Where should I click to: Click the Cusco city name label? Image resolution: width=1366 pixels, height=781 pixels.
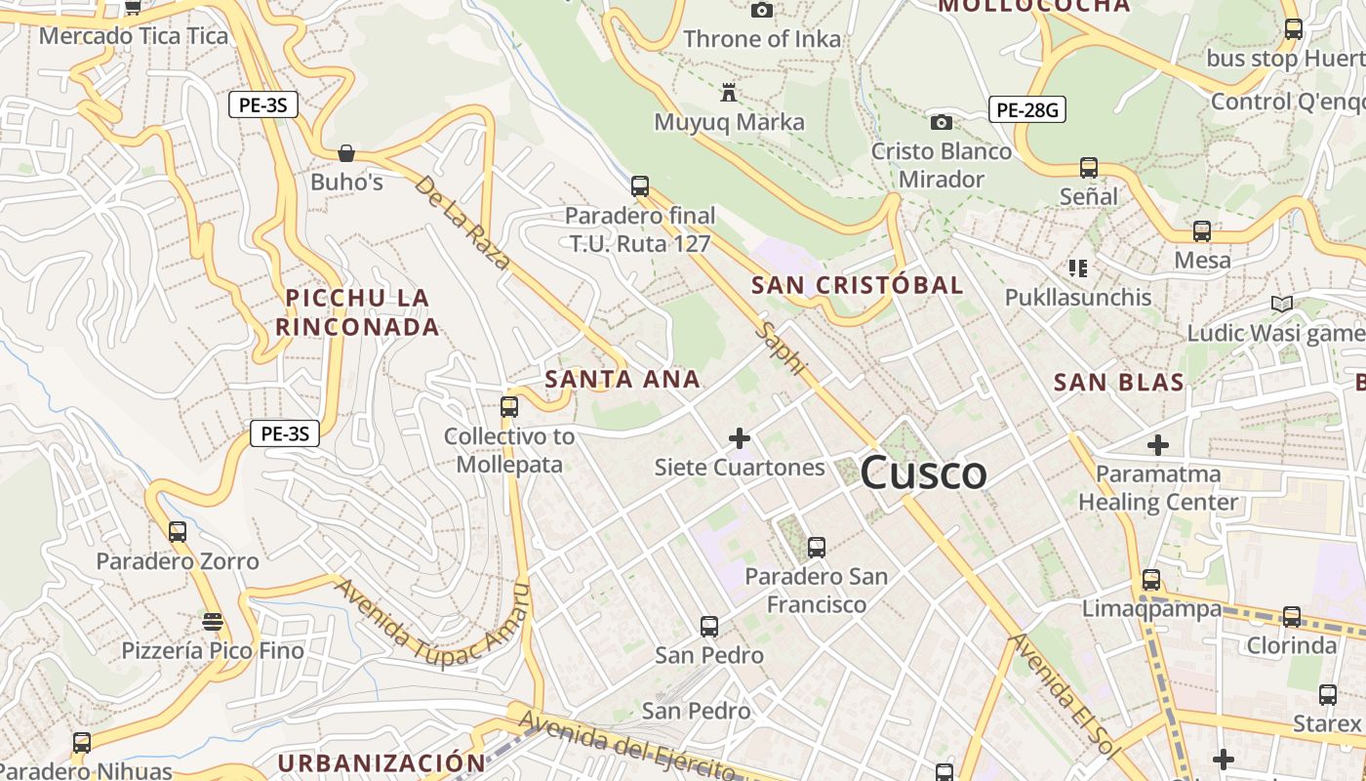click(923, 473)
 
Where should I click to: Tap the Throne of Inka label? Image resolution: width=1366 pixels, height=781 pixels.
click(762, 39)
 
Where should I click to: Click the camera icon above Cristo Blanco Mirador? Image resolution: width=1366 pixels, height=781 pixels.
click(942, 122)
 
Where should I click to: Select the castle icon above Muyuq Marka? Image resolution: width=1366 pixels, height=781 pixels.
click(728, 94)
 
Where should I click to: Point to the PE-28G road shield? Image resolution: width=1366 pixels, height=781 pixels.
click(1027, 110)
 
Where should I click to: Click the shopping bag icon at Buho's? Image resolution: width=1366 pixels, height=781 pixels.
click(345, 153)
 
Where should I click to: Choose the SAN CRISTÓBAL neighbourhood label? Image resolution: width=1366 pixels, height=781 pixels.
click(858, 285)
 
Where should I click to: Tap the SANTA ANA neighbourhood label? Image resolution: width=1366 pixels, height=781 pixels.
click(623, 379)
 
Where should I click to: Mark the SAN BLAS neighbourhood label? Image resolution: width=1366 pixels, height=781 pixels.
click(1119, 382)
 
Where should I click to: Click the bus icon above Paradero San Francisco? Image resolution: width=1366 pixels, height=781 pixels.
click(817, 547)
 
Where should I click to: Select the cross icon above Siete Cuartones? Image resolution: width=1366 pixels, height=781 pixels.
click(740, 438)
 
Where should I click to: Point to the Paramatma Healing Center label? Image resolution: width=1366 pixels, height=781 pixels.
click(1158, 488)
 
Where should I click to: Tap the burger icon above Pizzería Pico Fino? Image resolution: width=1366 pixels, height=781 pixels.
click(213, 621)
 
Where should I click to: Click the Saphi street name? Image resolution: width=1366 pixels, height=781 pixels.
click(783, 349)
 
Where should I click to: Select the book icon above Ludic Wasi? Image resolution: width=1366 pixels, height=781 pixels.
click(1282, 305)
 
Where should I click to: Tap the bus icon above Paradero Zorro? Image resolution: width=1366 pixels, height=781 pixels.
click(178, 532)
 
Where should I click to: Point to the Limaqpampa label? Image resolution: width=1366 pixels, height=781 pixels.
click(1151, 609)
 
